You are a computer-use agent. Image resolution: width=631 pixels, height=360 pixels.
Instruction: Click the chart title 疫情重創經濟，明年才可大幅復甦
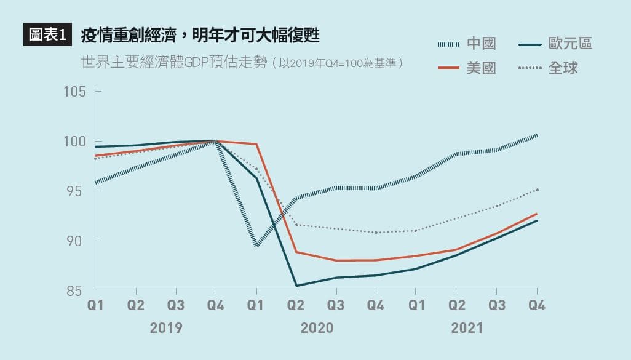pyautogui.click(x=200, y=36)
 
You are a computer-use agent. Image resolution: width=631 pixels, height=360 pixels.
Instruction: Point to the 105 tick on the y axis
pyautogui.click(x=74, y=92)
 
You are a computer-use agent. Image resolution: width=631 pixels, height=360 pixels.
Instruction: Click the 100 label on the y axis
pyautogui.click(x=74, y=142)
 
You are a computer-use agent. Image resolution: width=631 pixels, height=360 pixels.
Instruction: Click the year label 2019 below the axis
pyautogui.click(x=166, y=327)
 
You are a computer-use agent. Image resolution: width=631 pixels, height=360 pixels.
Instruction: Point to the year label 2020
pyautogui.click(x=317, y=327)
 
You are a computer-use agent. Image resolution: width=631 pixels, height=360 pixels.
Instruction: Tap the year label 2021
pyautogui.click(x=467, y=327)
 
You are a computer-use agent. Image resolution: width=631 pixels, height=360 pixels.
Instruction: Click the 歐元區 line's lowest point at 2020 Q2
pyautogui.click(x=296, y=286)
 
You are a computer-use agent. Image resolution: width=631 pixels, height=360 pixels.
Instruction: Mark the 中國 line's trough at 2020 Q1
pyautogui.click(x=256, y=246)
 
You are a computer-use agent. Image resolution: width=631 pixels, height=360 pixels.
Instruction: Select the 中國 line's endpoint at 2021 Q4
pyautogui.click(x=537, y=135)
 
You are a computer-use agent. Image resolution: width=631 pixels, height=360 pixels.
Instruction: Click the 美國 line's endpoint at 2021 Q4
pyautogui.click(x=537, y=214)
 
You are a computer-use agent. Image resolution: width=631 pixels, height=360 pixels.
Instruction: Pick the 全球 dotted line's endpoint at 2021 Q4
pyautogui.click(x=537, y=190)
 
